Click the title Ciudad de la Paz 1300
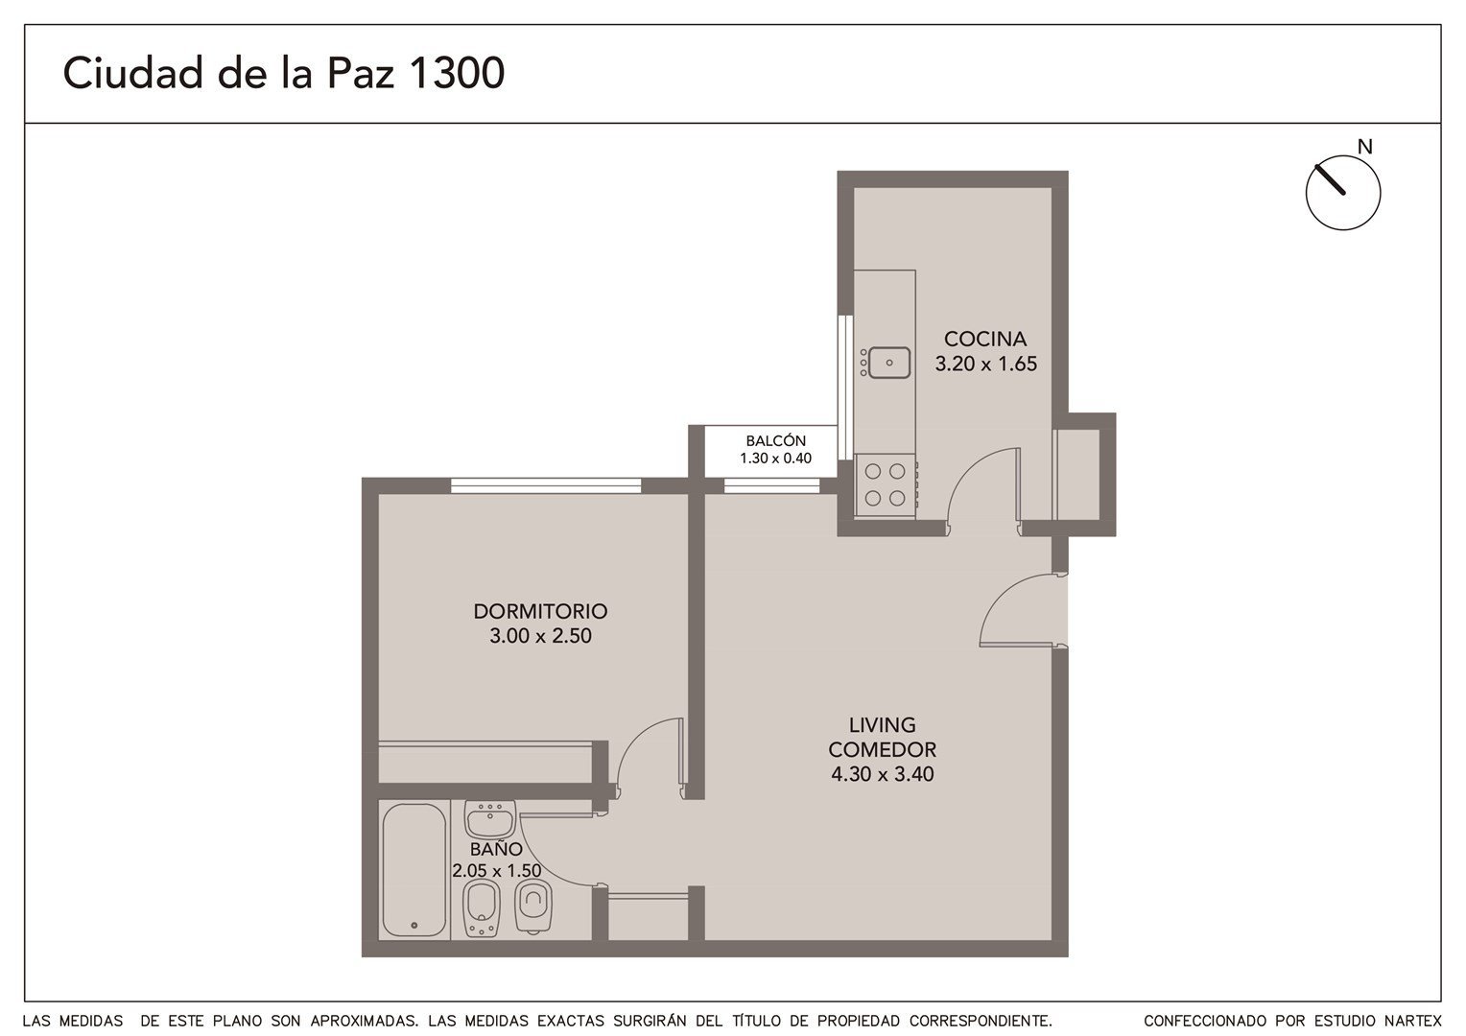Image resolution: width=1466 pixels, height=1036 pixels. coord(283,73)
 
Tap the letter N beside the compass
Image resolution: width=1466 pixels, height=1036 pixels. coord(1364,147)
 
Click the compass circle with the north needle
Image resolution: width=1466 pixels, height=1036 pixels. coord(1343,193)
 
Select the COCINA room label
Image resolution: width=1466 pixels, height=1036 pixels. coord(985,339)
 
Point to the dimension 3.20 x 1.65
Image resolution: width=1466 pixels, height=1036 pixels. coord(985,364)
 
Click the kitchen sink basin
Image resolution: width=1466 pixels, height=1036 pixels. coord(889,363)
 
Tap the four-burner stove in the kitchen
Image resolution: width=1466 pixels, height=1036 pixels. coord(885,485)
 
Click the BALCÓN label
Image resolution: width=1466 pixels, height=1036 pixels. coord(775,441)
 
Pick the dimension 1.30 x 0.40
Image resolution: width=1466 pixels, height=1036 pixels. coord(775,459)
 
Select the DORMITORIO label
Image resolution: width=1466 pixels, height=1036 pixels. coord(540,611)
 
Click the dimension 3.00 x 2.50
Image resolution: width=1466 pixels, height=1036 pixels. coord(540,635)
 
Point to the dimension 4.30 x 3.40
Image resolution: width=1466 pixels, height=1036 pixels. coord(883,774)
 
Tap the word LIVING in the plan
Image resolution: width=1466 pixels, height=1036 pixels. coord(883,725)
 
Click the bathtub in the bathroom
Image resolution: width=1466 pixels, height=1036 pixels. coord(414,870)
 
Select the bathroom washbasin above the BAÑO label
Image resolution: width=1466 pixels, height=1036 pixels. coord(490,818)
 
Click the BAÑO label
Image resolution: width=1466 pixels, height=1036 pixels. coord(496,850)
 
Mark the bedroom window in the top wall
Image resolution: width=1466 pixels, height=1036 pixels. coord(546,485)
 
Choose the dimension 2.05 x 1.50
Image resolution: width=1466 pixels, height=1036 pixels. coord(497,871)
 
